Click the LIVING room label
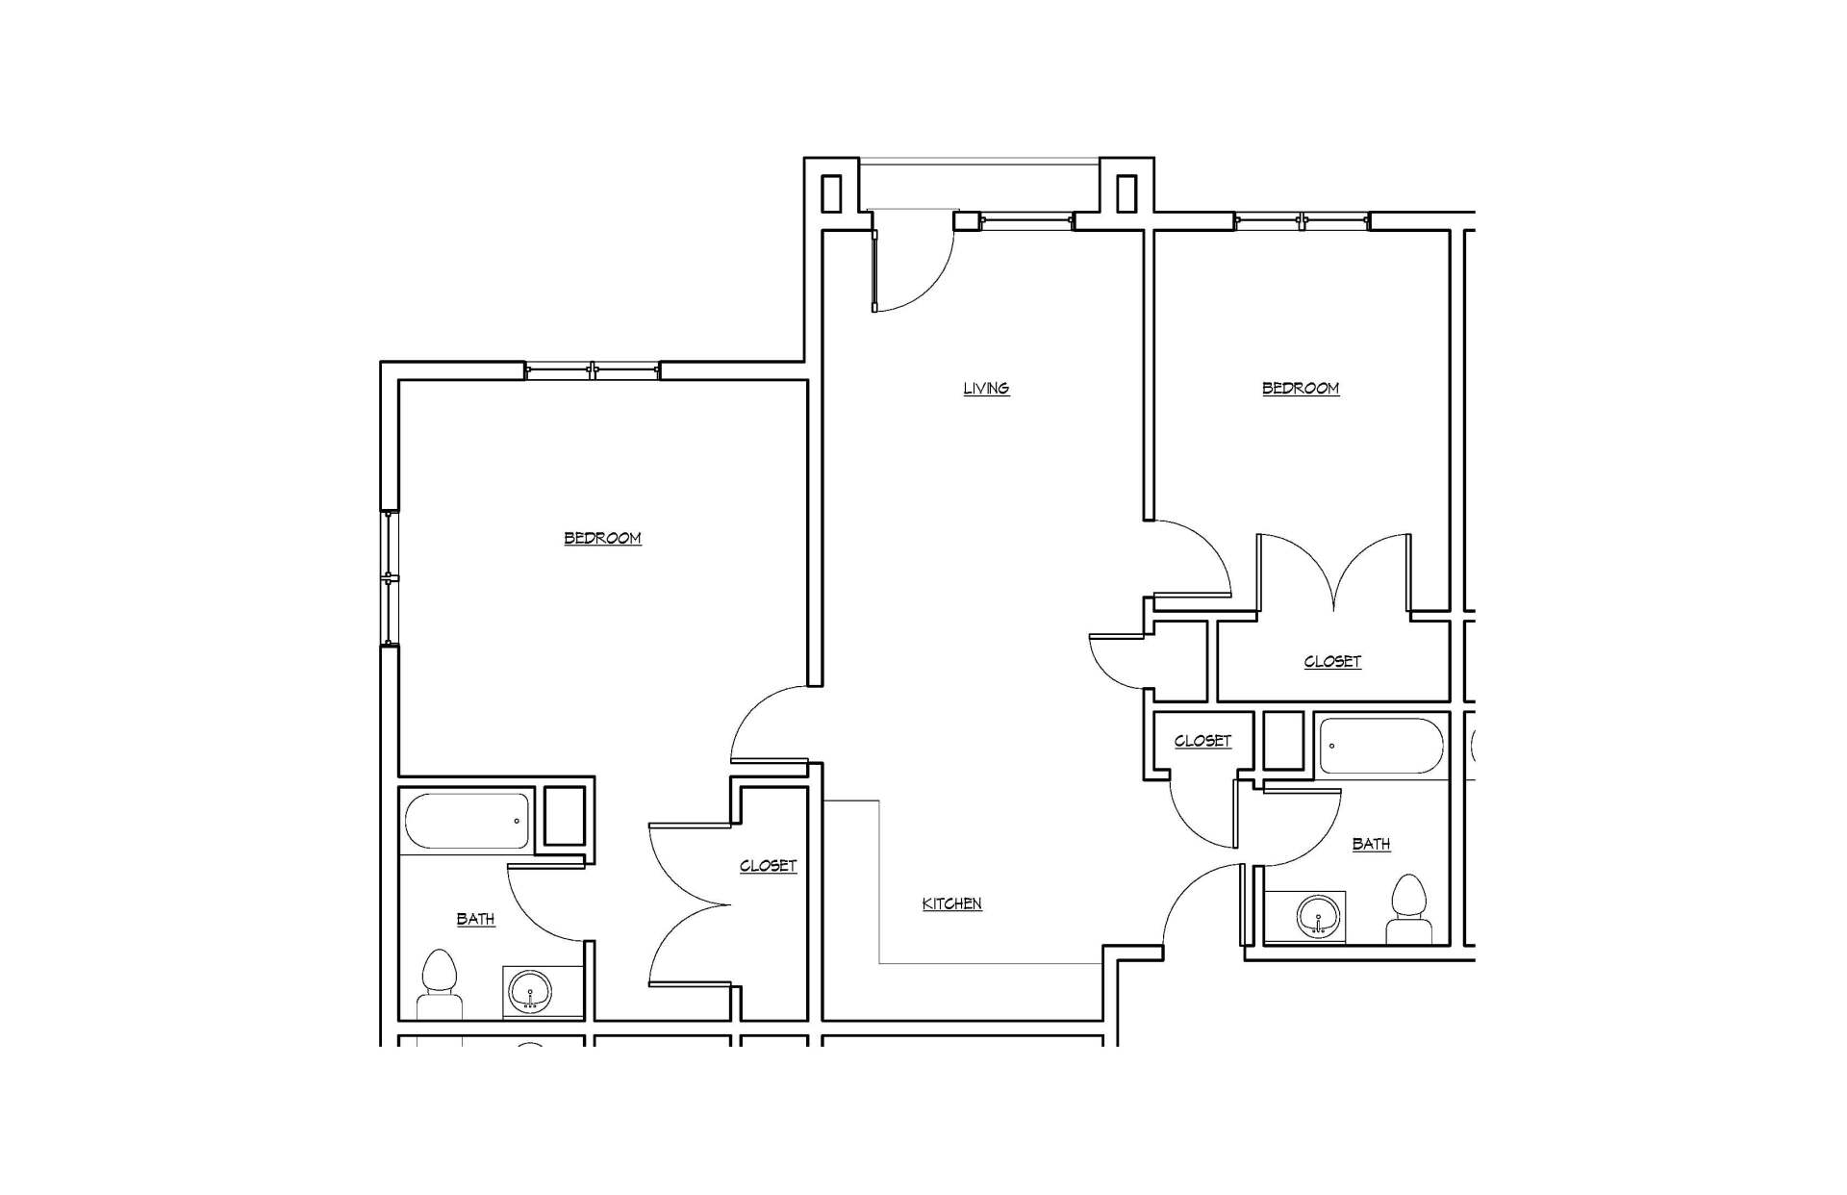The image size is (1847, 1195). click(x=986, y=388)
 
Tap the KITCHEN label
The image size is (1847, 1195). click(x=951, y=903)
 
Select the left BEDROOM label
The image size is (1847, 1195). click(x=602, y=538)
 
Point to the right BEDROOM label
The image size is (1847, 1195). click(x=1301, y=388)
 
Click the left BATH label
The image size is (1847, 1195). click(x=475, y=919)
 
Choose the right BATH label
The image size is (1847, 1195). click(x=1371, y=844)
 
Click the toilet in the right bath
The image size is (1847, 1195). click(x=1409, y=909)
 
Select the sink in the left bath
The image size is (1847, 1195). click(x=529, y=991)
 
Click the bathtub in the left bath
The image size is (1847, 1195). click(x=468, y=821)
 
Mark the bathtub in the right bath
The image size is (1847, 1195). click(x=1381, y=746)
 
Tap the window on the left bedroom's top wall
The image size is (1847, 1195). click(x=594, y=370)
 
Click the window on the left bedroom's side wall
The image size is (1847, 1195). click(x=390, y=577)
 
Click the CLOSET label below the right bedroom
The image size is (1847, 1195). click(x=1332, y=661)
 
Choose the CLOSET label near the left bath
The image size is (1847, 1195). click(x=768, y=866)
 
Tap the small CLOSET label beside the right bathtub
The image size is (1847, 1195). click(x=1202, y=741)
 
